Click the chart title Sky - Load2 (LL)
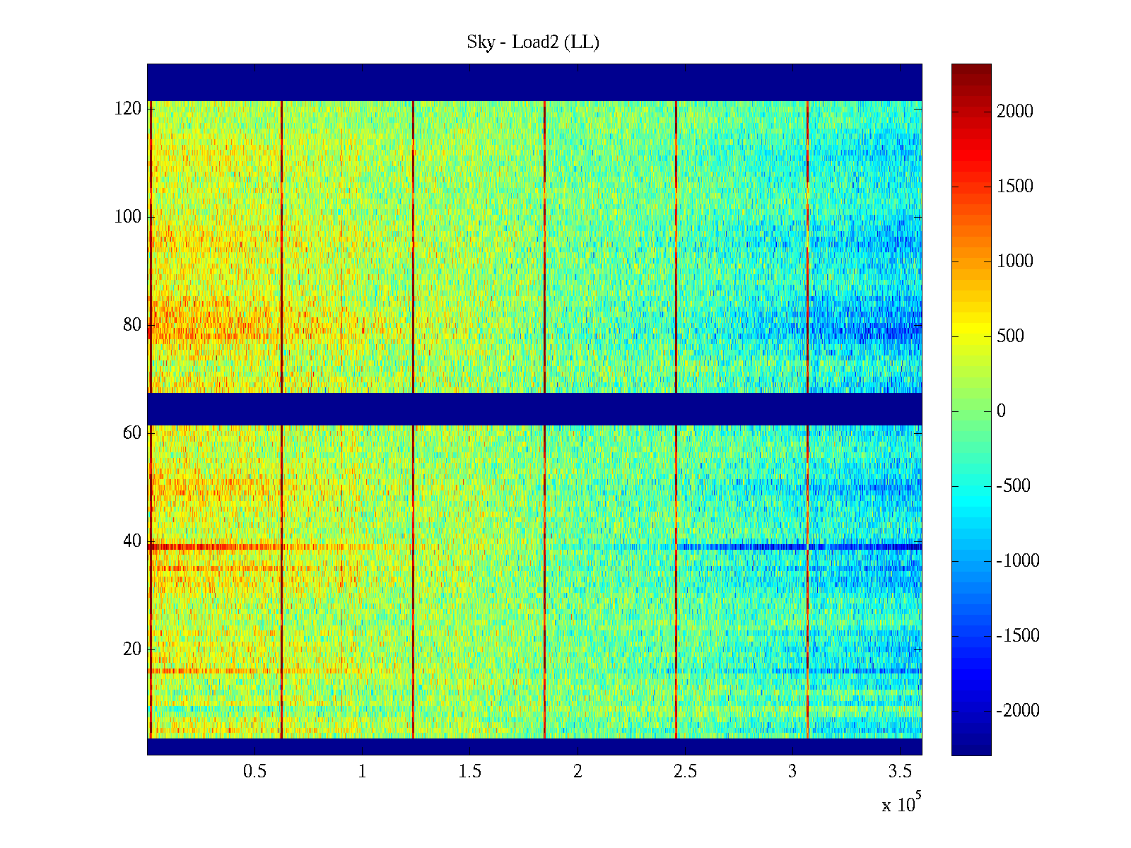coord(533,42)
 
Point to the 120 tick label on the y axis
coord(128,109)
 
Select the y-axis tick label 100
coord(128,217)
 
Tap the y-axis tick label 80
coord(132,325)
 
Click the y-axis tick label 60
coord(132,433)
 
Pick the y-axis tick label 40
coord(132,541)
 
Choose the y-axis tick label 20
coord(132,649)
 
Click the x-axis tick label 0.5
coord(254,772)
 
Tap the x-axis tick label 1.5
coord(469,772)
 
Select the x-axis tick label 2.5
coord(685,772)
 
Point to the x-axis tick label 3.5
coord(900,772)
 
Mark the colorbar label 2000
coord(1015,112)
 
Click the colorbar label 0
coord(1001,411)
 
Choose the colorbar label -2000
coord(1018,711)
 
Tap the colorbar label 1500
coord(1015,187)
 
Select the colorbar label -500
coord(1014,486)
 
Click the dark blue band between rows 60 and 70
coord(534,409)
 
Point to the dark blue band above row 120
coord(534,82)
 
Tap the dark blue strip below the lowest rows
coord(534,746)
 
